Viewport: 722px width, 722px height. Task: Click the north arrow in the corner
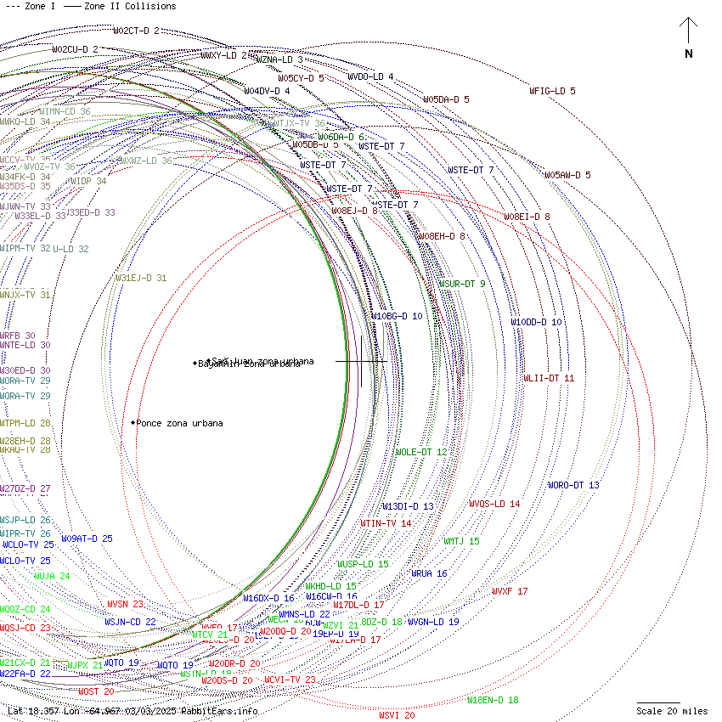point(688,34)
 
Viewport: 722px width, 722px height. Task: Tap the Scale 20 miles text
point(672,711)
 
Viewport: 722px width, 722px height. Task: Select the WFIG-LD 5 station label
point(552,91)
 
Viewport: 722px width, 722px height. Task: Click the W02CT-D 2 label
point(136,31)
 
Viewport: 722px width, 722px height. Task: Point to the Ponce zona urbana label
point(180,423)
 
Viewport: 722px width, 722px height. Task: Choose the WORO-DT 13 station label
point(573,486)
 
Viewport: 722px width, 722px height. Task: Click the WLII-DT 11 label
point(549,378)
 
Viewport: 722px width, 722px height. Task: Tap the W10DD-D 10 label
point(536,323)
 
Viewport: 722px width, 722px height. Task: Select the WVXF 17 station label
point(510,591)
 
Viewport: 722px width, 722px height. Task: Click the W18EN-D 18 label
point(493,700)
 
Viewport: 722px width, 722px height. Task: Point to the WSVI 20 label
point(397,715)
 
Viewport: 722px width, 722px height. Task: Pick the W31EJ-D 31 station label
point(141,278)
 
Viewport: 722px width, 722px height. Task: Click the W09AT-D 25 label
point(87,539)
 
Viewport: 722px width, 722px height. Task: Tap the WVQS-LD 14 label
point(494,504)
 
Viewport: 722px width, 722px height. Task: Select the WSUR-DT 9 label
point(462,284)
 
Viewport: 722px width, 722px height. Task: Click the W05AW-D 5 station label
point(567,175)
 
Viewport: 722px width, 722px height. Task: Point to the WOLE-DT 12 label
point(420,452)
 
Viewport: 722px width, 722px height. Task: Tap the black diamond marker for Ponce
point(133,422)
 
